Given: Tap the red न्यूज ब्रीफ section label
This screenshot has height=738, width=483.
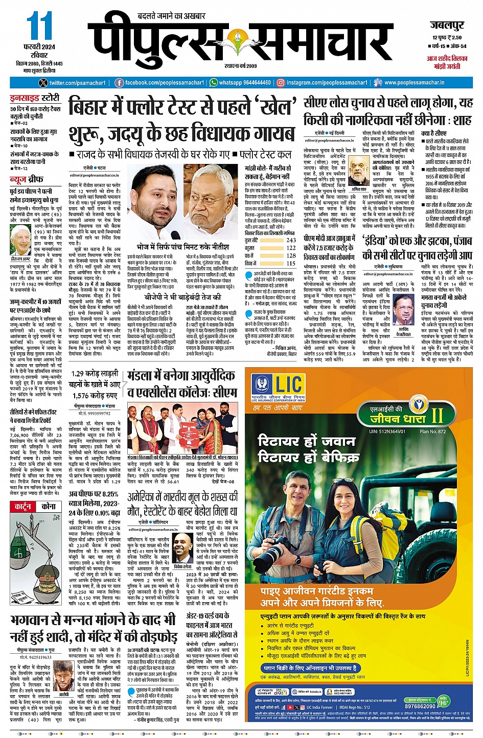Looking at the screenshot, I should pos(29,180).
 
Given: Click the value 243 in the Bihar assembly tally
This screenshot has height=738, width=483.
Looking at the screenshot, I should pos(291,240).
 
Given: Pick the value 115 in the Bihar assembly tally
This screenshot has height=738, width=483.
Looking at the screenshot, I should pos(291,264).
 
